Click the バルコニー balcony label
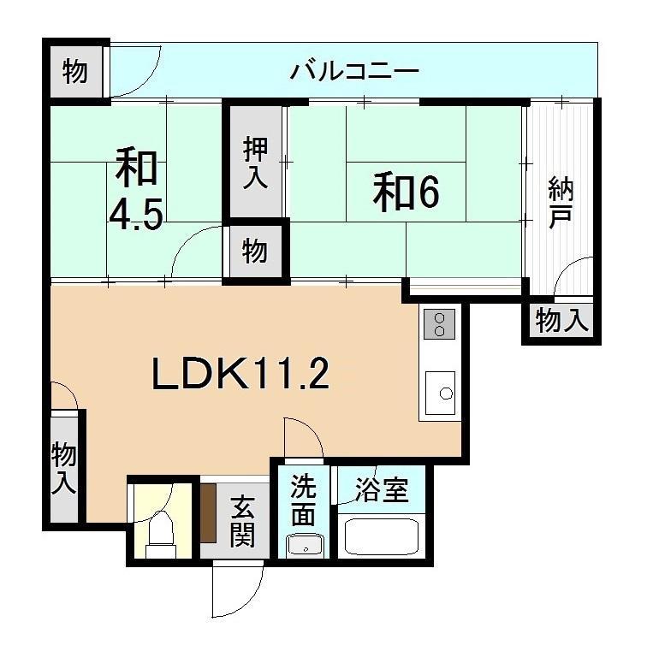click(x=353, y=70)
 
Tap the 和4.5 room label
click(x=137, y=190)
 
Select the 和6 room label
click(x=405, y=192)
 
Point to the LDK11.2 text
click(x=240, y=375)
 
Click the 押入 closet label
click(x=254, y=163)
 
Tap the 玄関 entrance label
click(x=242, y=522)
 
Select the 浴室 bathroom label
click(x=383, y=491)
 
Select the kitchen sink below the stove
click(x=441, y=394)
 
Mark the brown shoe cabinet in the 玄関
click(x=208, y=513)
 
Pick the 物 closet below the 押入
click(x=254, y=252)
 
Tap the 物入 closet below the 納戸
click(x=561, y=323)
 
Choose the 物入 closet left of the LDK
click(x=64, y=467)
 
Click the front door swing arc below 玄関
click(x=237, y=590)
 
